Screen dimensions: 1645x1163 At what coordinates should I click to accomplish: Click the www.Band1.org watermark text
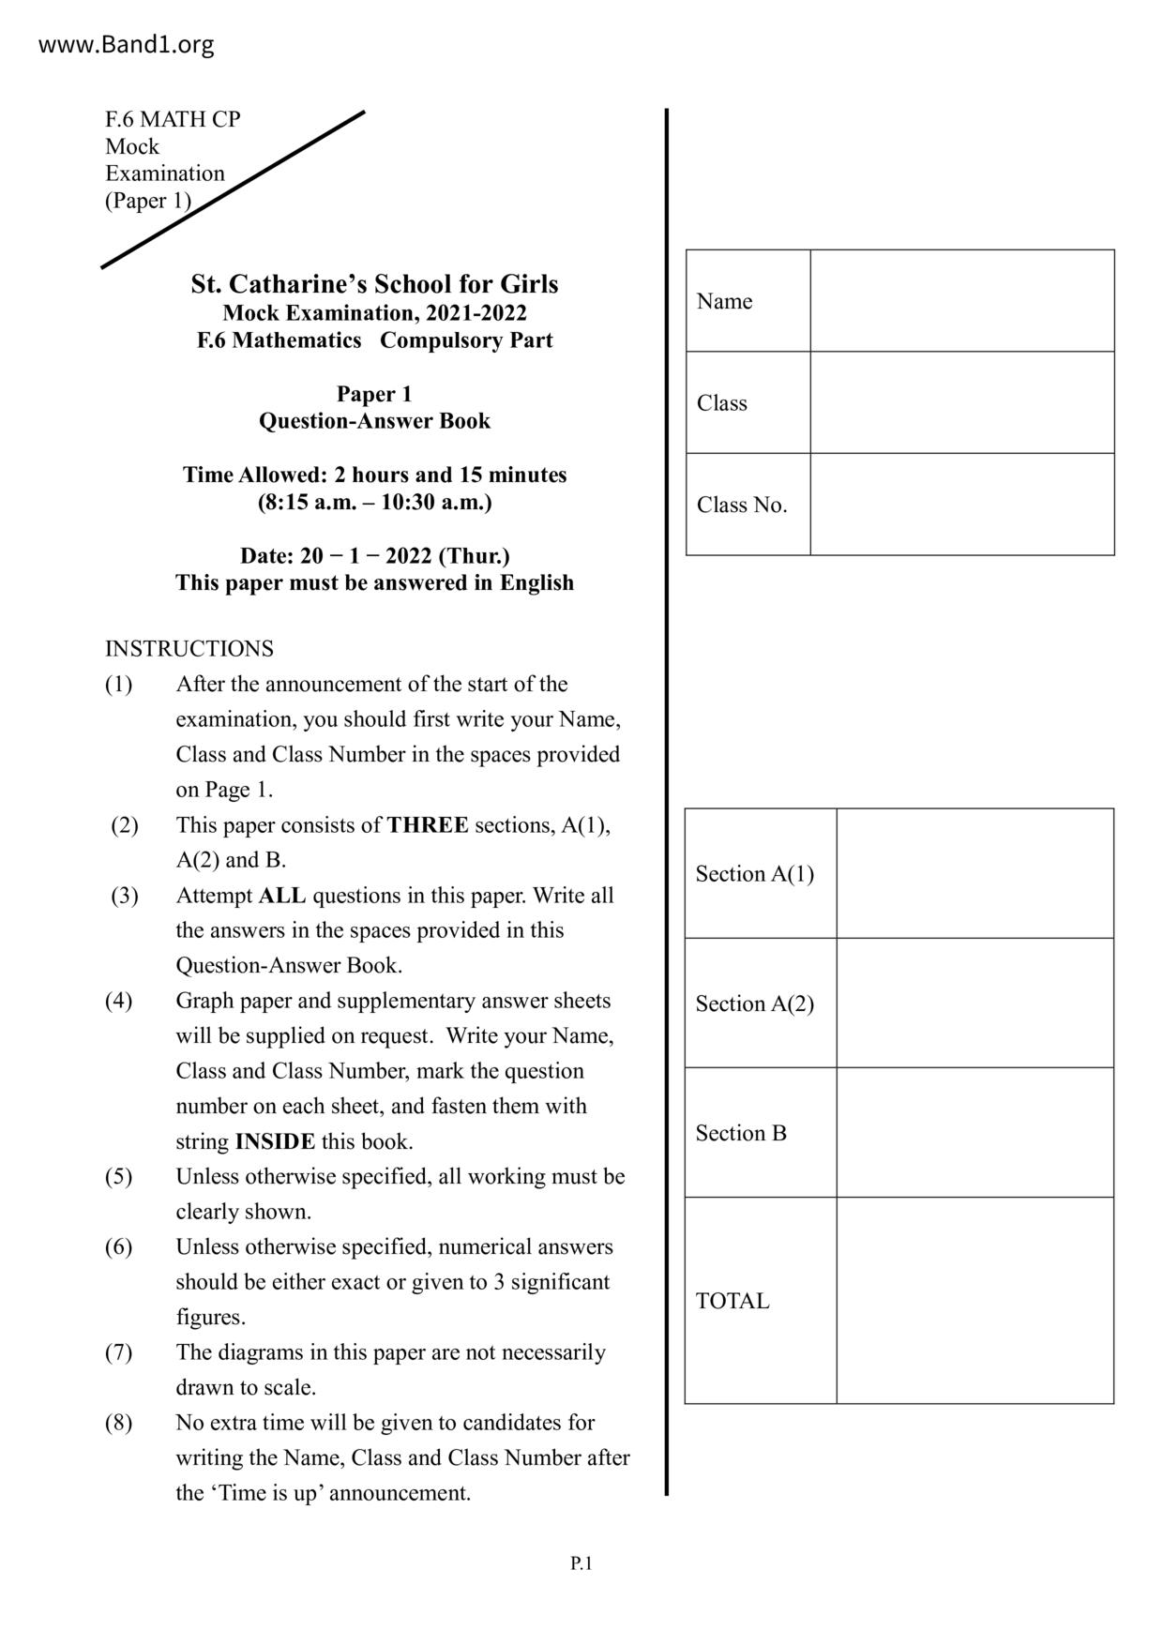pos(126,44)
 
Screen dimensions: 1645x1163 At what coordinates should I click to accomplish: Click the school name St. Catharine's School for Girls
pos(374,284)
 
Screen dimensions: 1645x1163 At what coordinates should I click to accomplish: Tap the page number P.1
pos(581,1562)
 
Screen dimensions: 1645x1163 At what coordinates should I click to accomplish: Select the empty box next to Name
pos(961,301)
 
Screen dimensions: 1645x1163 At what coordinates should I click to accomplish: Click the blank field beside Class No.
pos(961,505)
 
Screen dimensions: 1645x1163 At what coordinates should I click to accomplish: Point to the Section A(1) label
pos(754,874)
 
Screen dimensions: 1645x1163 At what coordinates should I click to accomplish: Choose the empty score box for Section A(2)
pos(974,1003)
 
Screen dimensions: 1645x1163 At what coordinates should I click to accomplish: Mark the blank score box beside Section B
pos(974,1132)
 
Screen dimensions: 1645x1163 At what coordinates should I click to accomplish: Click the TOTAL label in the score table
pos(732,1301)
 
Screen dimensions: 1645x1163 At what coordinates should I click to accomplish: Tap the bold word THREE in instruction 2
pos(428,825)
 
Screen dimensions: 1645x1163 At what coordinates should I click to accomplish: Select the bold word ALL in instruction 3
pos(282,896)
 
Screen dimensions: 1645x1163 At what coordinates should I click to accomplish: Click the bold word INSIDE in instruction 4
pos(275,1141)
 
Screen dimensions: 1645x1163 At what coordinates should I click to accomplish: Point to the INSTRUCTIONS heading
pos(189,649)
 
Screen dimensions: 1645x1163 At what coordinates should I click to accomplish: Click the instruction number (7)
pos(118,1352)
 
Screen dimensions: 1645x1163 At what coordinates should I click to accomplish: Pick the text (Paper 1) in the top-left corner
pos(148,201)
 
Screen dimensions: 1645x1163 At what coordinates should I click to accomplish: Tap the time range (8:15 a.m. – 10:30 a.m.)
pos(374,502)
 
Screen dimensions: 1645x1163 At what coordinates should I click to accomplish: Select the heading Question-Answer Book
pos(374,421)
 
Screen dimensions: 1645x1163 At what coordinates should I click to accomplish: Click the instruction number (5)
pos(118,1176)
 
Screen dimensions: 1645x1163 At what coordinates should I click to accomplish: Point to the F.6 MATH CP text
pos(173,119)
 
